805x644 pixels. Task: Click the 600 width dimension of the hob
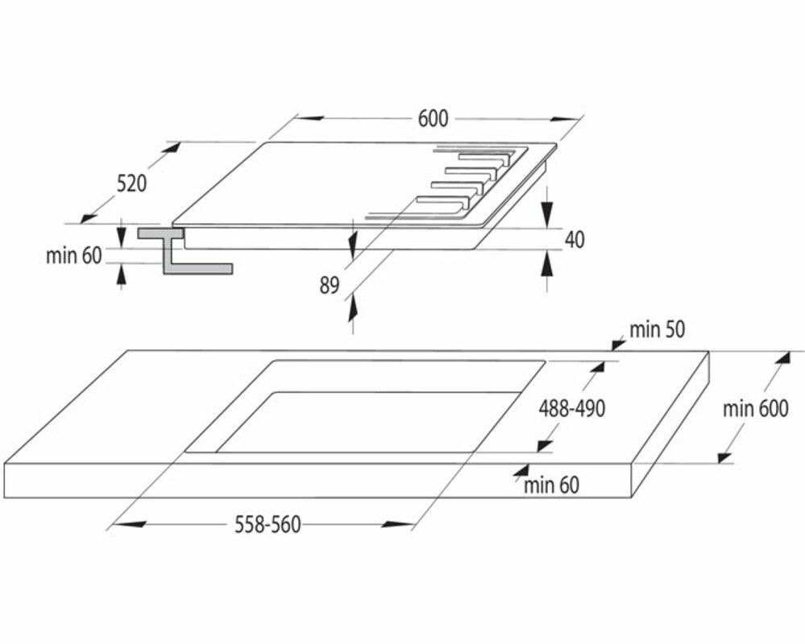click(x=433, y=118)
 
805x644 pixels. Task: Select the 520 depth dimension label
click(x=131, y=184)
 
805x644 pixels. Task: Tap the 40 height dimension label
click(x=575, y=239)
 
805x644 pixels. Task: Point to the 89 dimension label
click(x=330, y=285)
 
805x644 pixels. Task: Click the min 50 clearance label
click(x=657, y=328)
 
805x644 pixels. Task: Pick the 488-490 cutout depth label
click(x=571, y=408)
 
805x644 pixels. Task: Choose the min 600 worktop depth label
click(x=755, y=408)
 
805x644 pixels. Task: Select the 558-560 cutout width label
click(x=268, y=525)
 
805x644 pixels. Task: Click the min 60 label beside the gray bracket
click(x=74, y=256)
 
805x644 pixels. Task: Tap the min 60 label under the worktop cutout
click(x=551, y=485)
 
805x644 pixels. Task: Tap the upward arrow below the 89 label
click(x=351, y=310)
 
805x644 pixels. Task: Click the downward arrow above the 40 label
click(x=546, y=211)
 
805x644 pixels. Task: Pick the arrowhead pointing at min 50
click(x=618, y=344)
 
